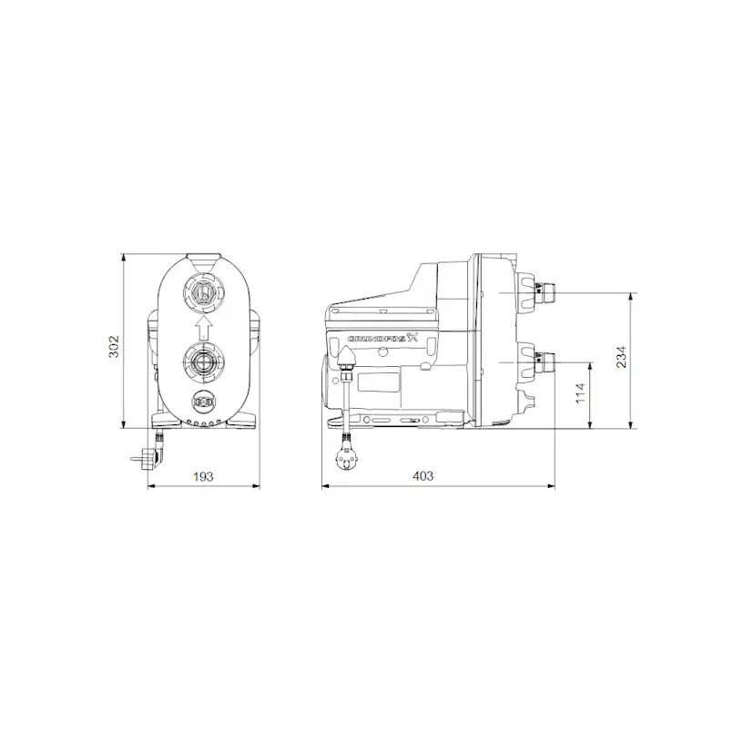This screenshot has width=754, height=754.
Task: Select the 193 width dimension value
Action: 204,475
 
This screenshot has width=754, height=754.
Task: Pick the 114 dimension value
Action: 579,394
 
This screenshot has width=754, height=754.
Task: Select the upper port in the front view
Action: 204,293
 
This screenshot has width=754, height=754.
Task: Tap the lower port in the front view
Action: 204,362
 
